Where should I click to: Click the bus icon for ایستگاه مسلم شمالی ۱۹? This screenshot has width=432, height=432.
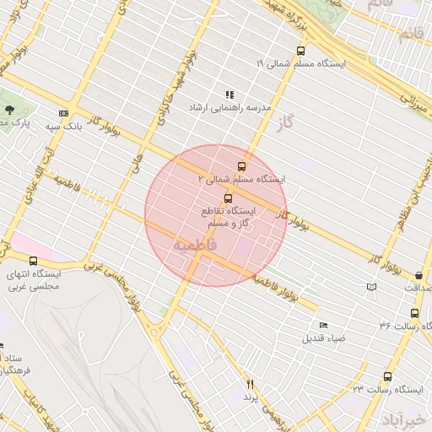click(301, 51)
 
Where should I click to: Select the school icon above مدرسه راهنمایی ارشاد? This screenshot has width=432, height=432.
click(229, 95)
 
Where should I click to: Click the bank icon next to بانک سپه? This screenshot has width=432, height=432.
click(63, 113)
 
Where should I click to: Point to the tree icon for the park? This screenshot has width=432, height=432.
click(9, 110)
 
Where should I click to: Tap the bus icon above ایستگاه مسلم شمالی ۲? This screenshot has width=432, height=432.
click(242, 166)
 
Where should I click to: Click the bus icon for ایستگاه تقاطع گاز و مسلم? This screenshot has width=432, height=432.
click(228, 197)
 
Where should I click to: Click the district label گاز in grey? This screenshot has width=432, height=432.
click(288, 124)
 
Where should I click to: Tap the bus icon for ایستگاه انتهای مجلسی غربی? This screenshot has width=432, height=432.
click(34, 261)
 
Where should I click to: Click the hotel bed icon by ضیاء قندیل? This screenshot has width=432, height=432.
click(323, 325)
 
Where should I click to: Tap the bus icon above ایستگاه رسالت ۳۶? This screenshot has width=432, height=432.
click(413, 313)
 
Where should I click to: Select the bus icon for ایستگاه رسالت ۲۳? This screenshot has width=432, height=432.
click(387, 376)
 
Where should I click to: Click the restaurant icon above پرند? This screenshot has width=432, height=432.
click(250, 385)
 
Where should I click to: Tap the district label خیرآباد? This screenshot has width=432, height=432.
click(405, 418)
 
